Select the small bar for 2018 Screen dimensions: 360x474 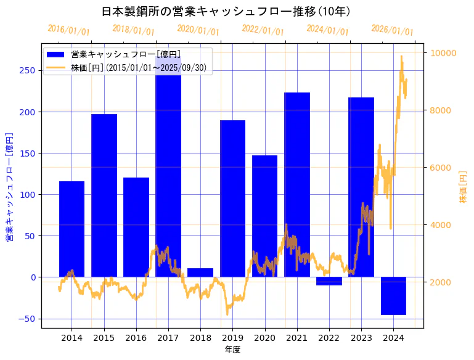[x=200, y=272]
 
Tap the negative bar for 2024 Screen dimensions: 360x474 [x=393, y=296]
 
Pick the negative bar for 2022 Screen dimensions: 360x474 [x=329, y=281]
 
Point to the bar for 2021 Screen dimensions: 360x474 [x=297, y=185]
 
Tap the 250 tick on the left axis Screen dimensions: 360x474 [x=28, y=70]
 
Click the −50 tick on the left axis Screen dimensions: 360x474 [x=27, y=319]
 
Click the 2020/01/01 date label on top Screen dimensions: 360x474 [x=198, y=30]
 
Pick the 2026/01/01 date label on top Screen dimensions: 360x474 [x=393, y=30]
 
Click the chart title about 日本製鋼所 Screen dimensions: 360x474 [x=226, y=11]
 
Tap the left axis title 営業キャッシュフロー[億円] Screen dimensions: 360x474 [x=9, y=187]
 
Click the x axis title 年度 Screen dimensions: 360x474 [x=232, y=350]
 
